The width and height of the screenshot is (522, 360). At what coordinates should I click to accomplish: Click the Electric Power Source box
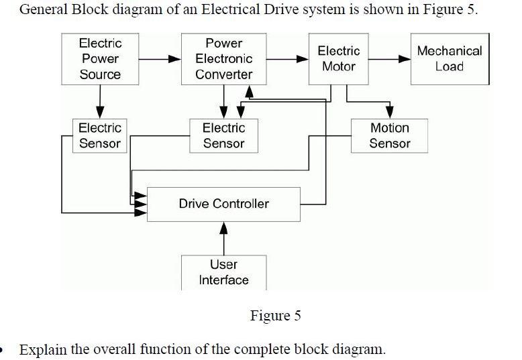(x=100, y=59)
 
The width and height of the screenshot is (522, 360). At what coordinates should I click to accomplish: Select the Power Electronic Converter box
(x=223, y=59)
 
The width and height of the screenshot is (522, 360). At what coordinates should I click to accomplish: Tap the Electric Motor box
(x=338, y=59)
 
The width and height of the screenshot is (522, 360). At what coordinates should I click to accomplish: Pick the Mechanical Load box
(x=449, y=59)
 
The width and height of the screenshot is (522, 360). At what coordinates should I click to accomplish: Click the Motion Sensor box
(x=389, y=135)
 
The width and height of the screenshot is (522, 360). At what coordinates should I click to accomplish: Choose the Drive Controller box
(x=223, y=204)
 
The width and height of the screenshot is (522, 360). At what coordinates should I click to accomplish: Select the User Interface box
(x=223, y=272)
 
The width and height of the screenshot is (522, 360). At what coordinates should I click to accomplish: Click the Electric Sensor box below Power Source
(x=100, y=135)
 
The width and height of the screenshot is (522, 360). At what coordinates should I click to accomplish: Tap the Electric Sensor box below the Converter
(x=223, y=135)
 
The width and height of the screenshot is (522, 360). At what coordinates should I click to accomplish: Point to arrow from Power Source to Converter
(x=160, y=59)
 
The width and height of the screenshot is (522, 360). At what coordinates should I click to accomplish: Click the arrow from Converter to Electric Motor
(x=286, y=59)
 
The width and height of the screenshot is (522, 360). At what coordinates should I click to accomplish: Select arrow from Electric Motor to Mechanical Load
(x=389, y=59)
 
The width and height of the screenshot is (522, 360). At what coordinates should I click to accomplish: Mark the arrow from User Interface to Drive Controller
(x=223, y=238)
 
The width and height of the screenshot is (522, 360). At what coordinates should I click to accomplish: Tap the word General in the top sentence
(x=44, y=11)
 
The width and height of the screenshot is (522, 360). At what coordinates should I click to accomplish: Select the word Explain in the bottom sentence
(x=44, y=349)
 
